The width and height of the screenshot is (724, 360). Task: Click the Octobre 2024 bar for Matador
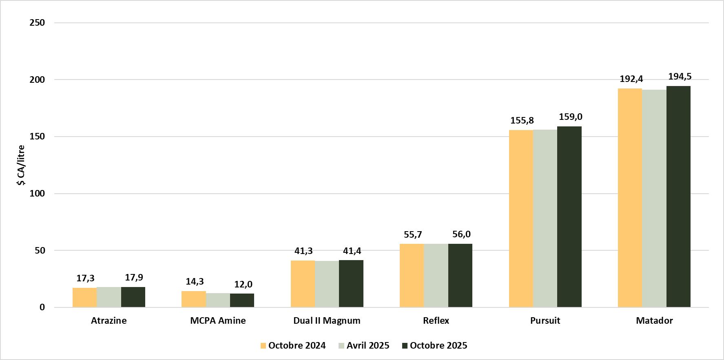pos(630,198)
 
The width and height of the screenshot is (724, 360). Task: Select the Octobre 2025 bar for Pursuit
pos(569,216)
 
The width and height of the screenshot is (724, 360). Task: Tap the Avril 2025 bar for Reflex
pos(436,275)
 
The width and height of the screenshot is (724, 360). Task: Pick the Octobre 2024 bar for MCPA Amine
pos(193,299)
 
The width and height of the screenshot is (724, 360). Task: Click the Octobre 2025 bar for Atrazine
pos(133,297)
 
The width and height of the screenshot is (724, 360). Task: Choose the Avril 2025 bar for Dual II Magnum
pos(327,284)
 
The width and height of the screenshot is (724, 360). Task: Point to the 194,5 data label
pos(680,77)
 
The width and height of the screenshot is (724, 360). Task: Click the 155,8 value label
pos(522,121)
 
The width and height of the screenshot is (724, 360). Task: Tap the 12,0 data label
pos(243,285)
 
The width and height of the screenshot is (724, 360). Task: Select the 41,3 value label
pos(303,251)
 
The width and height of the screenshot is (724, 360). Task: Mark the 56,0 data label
pos(461,234)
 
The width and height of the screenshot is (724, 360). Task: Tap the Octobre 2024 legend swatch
pos(263,346)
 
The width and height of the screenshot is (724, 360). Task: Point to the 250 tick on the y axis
pos(37,23)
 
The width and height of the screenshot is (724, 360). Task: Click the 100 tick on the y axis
pos(37,194)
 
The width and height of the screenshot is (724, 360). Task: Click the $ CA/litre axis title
pos(21,165)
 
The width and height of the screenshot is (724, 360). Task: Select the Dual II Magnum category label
pos(327,321)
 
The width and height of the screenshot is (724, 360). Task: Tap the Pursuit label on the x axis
pos(545,321)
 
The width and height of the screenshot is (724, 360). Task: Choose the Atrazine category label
pos(108,321)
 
